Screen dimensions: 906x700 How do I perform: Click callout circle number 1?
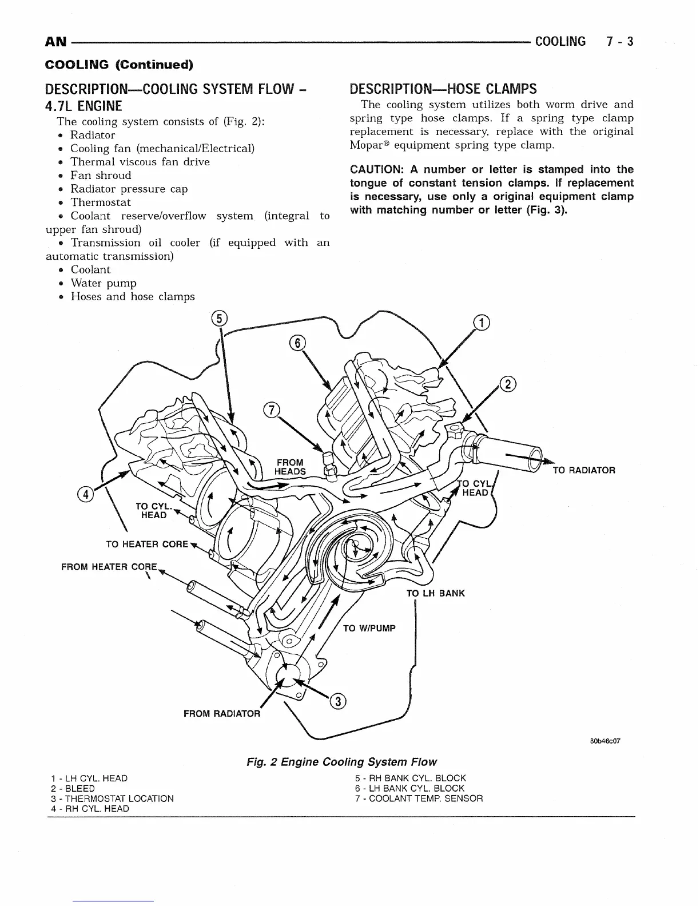click(x=483, y=323)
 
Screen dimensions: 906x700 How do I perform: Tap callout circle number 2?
click(x=508, y=384)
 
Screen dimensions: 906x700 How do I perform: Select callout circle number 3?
click(x=339, y=702)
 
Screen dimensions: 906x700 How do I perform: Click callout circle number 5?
click(x=219, y=319)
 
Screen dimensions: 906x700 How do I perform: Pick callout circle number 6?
click(x=297, y=343)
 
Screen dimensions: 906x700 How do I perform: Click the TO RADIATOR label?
click(x=584, y=470)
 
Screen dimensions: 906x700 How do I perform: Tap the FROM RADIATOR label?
click(x=221, y=713)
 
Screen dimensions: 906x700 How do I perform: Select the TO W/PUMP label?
click(x=369, y=628)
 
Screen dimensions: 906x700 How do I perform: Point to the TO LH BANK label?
click(x=435, y=593)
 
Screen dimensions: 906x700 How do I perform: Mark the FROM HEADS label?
click(x=290, y=467)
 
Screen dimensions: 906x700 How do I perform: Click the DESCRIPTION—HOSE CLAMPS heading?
click(x=443, y=89)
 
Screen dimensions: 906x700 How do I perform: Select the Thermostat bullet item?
click(x=100, y=202)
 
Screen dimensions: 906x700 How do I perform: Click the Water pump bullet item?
click(x=103, y=283)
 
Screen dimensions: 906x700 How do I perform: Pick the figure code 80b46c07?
click(x=604, y=741)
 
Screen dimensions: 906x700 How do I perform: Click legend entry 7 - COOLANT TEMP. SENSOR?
click(x=419, y=798)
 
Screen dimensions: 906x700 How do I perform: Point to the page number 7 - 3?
click(x=620, y=41)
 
